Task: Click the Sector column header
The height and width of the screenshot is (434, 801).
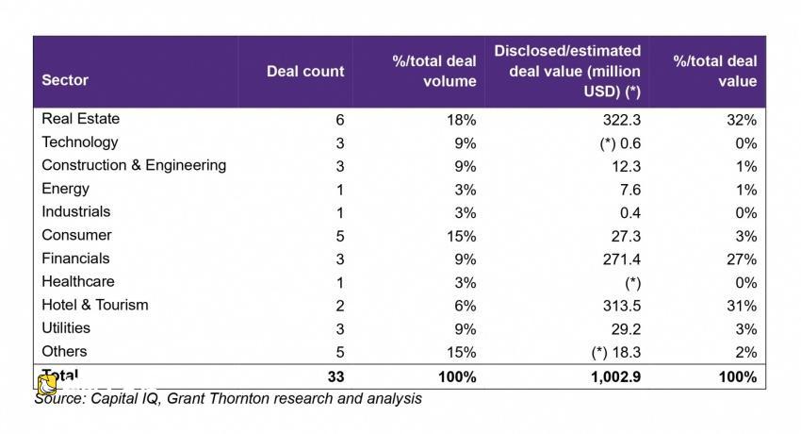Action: click(65, 80)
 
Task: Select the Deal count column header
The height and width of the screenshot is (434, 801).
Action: click(305, 71)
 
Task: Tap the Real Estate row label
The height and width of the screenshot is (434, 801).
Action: click(81, 119)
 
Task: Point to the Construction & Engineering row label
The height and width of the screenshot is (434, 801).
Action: click(134, 166)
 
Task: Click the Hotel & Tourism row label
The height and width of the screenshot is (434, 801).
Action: click(95, 305)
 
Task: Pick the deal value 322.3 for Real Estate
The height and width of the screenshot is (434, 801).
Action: click(622, 120)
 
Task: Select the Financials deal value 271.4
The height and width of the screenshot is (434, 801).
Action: click(622, 259)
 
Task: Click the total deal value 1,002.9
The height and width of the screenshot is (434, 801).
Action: click(615, 377)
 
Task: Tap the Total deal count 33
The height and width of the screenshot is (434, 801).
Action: click(335, 377)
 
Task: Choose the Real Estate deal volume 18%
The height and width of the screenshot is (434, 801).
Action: click(462, 120)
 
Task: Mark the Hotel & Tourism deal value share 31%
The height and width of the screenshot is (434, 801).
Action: click(742, 307)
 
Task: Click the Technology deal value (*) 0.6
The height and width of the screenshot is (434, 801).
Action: click(620, 143)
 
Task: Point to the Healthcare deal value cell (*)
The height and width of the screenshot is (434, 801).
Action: click(633, 283)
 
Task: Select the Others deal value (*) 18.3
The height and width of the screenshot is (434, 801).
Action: click(616, 353)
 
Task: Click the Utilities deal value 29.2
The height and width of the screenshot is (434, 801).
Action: click(626, 329)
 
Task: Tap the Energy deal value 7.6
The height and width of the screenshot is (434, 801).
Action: click(630, 191)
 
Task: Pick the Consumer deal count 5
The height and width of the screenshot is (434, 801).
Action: click(340, 237)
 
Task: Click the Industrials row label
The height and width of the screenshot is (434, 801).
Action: click(76, 211)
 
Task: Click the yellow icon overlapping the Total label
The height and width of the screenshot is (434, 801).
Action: click(47, 384)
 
